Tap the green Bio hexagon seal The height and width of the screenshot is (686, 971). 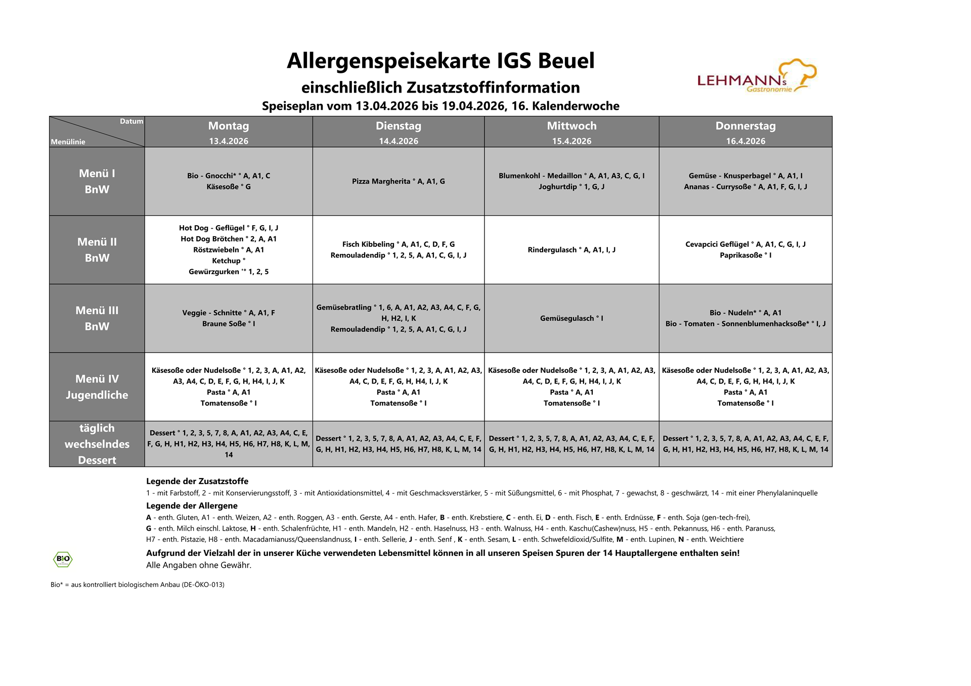(x=63, y=559)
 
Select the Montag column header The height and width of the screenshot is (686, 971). (x=229, y=126)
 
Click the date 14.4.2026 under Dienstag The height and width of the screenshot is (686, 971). (x=399, y=141)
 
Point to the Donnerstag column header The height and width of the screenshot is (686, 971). (x=745, y=126)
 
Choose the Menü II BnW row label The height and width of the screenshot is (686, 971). (x=97, y=250)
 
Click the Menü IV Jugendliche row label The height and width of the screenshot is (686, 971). (x=97, y=387)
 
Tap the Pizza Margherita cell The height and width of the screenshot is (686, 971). (x=399, y=181)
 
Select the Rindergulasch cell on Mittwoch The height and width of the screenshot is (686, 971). (x=571, y=250)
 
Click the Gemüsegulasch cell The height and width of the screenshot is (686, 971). (x=571, y=318)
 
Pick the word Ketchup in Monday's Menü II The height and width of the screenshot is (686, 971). (x=227, y=261)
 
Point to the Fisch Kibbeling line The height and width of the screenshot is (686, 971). (x=399, y=244)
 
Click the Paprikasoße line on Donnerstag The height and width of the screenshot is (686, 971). (x=745, y=255)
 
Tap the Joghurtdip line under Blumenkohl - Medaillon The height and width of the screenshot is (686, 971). (x=571, y=187)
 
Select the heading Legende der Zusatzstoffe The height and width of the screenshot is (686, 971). (x=197, y=481)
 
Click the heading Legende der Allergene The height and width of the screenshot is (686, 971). (x=192, y=505)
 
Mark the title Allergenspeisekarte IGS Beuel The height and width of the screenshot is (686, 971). (x=440, y=61)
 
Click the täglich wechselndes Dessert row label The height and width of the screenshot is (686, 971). (x=97, y=444)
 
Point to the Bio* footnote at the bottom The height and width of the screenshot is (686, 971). (x=138, y=584)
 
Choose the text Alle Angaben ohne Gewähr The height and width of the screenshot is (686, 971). (x=199, y=565)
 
